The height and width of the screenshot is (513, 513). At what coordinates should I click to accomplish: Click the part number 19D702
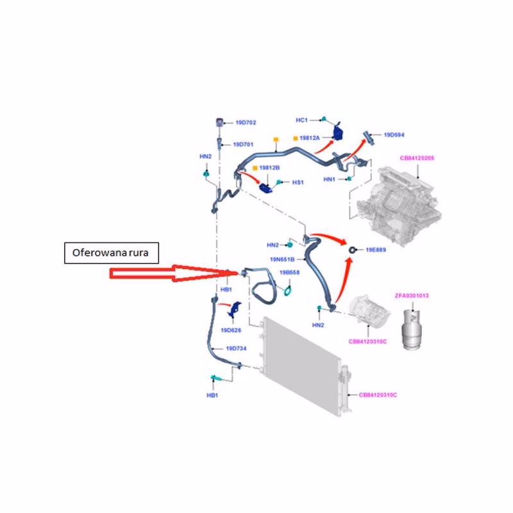click(246, 122)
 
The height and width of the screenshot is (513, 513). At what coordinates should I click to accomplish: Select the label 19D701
click(244, 145)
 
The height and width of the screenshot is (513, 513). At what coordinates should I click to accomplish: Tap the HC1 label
click(302, 120)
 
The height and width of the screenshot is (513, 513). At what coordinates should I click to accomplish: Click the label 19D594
click(394, 135)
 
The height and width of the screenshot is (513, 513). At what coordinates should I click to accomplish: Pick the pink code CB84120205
click(417, 158)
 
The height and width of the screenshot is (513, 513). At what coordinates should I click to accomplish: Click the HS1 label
click(298, 182)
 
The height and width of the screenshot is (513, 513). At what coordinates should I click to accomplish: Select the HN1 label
click(330, 179)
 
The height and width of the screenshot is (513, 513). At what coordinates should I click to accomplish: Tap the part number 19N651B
click(282, 260)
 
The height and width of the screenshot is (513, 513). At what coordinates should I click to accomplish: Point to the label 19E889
click(376, 249)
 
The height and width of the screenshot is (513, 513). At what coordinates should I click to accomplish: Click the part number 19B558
click(289, 273)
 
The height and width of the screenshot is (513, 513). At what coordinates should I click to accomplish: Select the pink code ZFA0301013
click(412, 296)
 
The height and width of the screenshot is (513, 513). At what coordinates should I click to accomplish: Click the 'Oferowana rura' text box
click(110, 253)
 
